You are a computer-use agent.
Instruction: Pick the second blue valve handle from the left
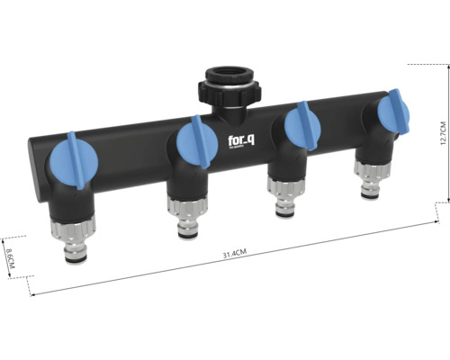[x=195, y=144]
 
